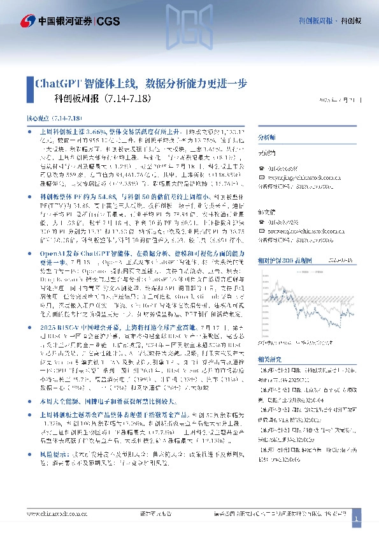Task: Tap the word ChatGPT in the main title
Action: coord(57,83)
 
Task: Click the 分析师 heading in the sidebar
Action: coord(266,138)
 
